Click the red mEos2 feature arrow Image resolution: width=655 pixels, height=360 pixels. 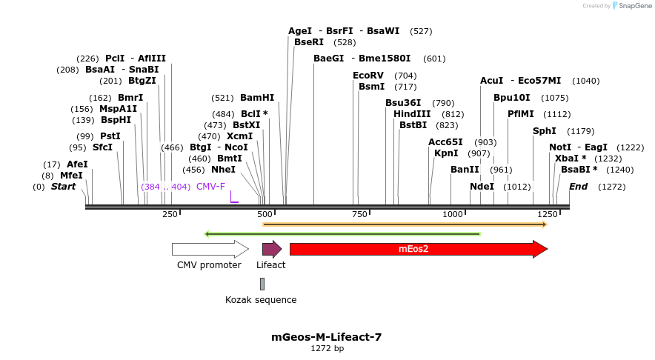(415, 249)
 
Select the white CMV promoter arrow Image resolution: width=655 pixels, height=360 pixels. (209, 249)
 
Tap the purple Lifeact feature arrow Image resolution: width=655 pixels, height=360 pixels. (271, 249)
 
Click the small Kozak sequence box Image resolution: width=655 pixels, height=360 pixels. (262, 284)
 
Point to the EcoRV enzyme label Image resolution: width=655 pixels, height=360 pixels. (368, 76)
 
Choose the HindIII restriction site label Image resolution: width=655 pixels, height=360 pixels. (412, 114)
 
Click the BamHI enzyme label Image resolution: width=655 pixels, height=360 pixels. (257, 98)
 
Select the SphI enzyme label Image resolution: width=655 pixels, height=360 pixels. (545, 131)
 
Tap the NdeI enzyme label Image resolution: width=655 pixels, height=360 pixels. (482, 187)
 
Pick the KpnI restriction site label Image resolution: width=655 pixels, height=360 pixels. (446, 153)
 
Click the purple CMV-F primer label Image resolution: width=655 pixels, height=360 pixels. (210, 187)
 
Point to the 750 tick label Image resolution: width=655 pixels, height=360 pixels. (359, 214)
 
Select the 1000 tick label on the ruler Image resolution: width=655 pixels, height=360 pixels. (453, 214)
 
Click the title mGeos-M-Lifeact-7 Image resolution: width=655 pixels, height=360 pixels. (327, 337)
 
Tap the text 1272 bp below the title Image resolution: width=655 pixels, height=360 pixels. (327, 348)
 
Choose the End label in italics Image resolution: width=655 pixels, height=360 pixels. (579, 187)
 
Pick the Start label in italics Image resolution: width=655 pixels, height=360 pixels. (63, 187)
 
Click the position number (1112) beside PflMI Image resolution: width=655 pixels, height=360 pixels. (556, 114)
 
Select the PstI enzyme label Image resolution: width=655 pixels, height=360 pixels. (110, 136)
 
